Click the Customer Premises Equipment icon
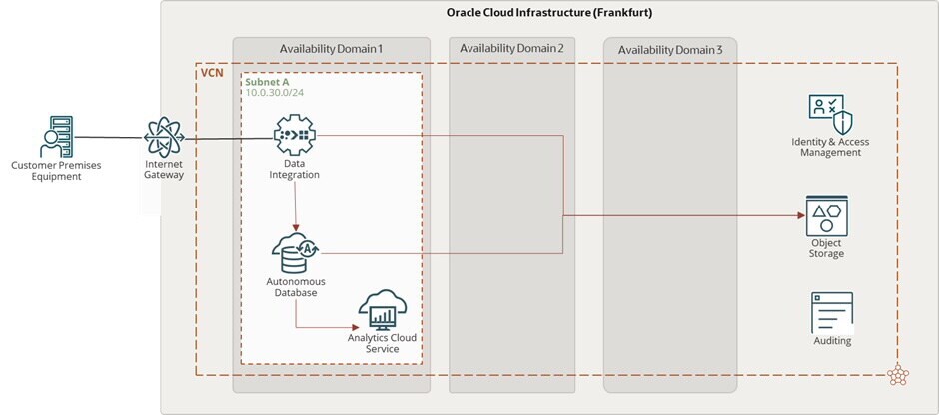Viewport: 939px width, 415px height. [55, 136]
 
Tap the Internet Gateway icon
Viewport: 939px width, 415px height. [164, 137]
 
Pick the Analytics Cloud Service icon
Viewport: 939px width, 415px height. [381, 310]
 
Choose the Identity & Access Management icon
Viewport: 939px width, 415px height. [830, 118]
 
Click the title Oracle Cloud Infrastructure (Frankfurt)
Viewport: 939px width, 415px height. [549, 12]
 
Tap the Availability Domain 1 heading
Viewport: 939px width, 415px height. [331, 49]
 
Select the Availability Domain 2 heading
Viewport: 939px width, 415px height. [513, 49]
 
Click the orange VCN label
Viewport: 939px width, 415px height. [212, 74]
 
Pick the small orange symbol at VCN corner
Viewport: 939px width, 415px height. [892, 376]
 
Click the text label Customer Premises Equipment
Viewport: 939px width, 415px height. [56, 171]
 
